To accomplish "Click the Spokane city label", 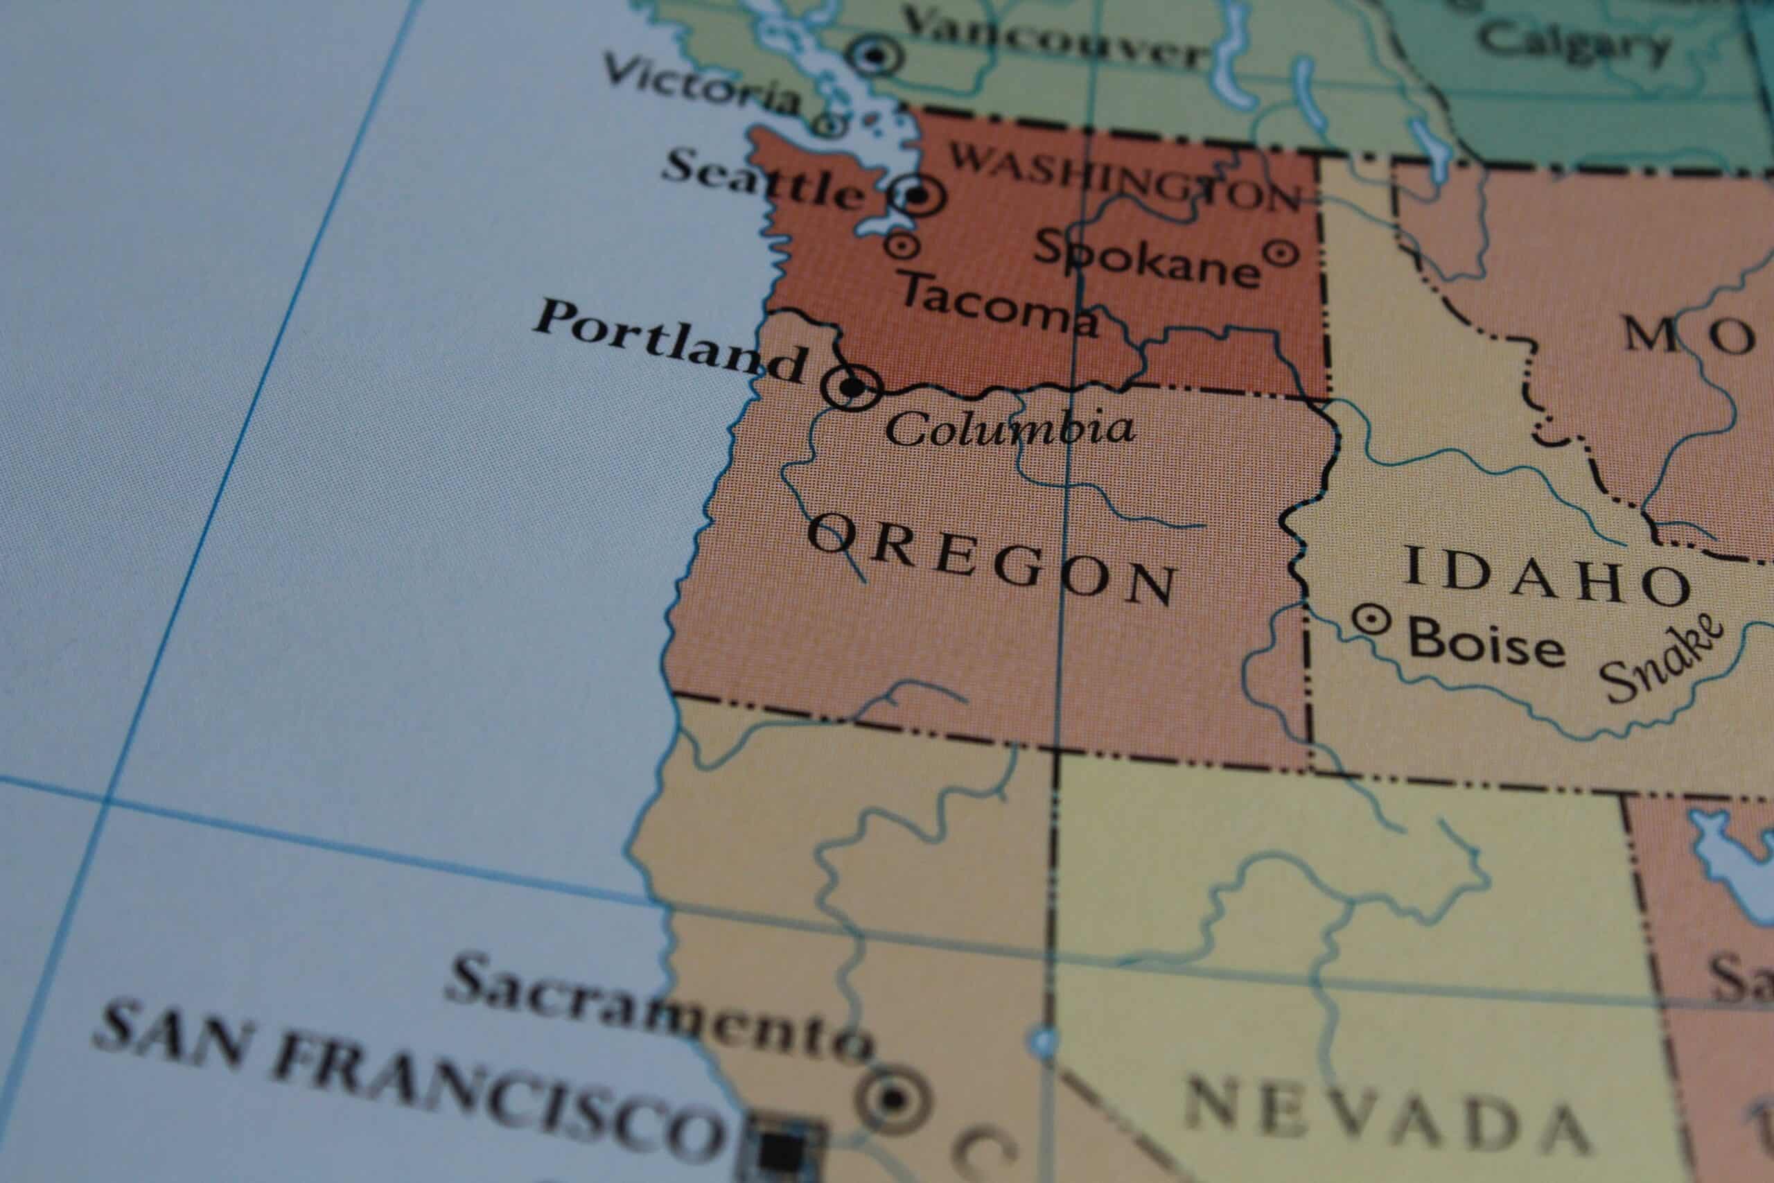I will tap(1145, 258).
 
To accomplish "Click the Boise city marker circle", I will tap(1371, 621).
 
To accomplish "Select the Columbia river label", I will tap(1009, 428).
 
